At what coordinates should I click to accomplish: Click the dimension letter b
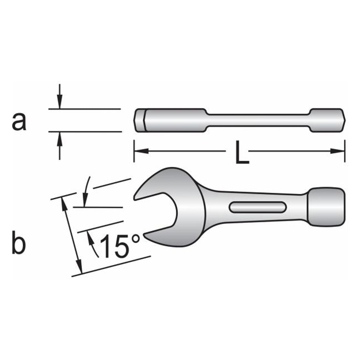[x=19, y=243]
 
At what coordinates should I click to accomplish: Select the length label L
[x=242, y=152]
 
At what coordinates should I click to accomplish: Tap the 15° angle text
[x=120, y=246]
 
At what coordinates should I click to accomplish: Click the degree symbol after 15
[x=136, y=239]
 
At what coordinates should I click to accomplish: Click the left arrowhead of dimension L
[x=141, y=151]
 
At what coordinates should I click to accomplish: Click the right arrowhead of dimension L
[x=338, y=151]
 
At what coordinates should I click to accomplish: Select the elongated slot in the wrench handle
[x=258, y=207]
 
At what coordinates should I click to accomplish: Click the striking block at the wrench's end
[x=326, y=207]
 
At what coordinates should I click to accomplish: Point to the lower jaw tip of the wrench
[x=145, y=235]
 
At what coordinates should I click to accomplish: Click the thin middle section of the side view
[x=258, y=120]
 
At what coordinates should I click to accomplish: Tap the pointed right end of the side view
[x=345, y=120]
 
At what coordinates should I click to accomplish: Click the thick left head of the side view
[x=170, y=120]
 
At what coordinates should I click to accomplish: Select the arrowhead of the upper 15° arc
[x=85, y=200]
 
